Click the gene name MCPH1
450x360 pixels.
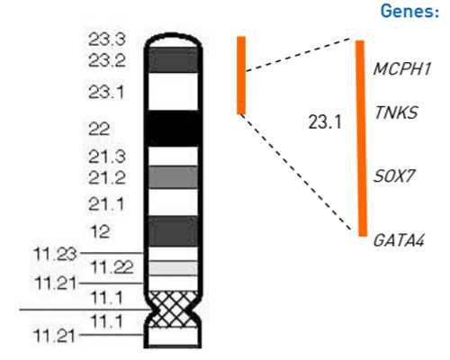pyautogui.click(x=402, y=68)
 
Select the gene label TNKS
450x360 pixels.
pyautogui.click(x=396, y=112)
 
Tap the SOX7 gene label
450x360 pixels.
pyautogui.click(x=393, y=175)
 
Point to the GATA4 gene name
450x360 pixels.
pyautogui.click(x=399, y=240)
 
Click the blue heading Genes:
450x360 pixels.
pyautogui.click(x=409, y=11)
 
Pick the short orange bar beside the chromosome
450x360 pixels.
pyautogui.click(x=241, y=76)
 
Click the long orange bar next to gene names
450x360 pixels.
pyautogui.click(x=362, y=139)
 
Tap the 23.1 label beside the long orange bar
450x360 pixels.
pyautogui.click(x=325, y=122)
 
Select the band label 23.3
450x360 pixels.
pyautogui.click(x=107, y=40)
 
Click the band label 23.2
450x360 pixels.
pyautogui.click(x=107, y=60)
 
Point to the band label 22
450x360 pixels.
pyautogui.click(x=99, y=130)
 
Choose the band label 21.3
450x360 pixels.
pyautogui.click(x=107, y=157)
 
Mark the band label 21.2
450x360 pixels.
pyautogui.click(x=107, y=177)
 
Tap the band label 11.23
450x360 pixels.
pyautogui.click(x=56, y=254)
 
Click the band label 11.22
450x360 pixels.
pyautogui.click(x=112, y=267)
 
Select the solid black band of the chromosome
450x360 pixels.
pyautogui.click(x=174, y=129)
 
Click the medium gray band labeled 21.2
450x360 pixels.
pyautogui.click(x=174, y=177)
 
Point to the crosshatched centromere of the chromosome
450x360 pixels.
pyautogui.click(x=174, y=309)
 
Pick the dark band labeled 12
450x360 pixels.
pyautogui.click(x=174, y=231)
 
